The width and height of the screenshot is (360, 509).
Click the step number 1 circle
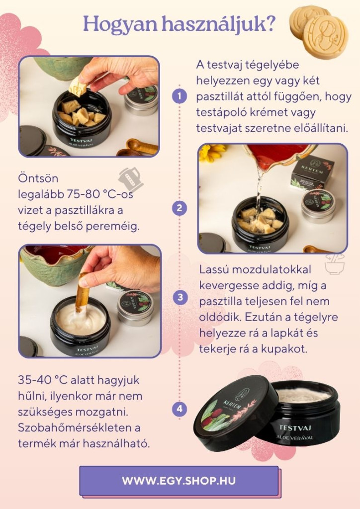(x=179, y=96)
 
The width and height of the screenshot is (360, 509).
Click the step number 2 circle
(x=179, y=208)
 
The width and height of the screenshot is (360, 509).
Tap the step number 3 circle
(x=180, y=297)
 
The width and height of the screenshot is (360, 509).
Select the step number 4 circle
(x=180, y=409)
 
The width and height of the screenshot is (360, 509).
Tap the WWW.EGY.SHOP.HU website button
(x=179, y=481)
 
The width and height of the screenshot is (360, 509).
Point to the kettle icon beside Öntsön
(x=130, y=179)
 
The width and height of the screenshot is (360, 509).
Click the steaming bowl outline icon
(x=335, y=263)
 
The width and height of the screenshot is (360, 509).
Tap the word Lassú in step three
(x=214, y=269)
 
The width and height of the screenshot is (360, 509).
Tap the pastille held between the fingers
(x=78, y=86)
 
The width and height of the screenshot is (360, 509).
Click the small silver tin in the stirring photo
(x=135, y=307)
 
